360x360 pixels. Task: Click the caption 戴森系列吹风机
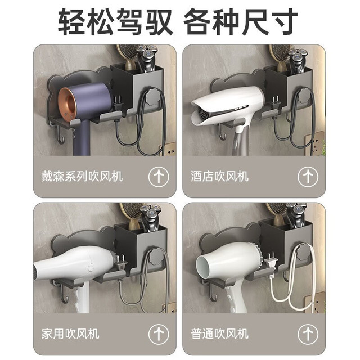click(82, 176)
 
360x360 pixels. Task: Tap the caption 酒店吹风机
click(219, 176)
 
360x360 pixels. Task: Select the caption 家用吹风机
click(70, 334)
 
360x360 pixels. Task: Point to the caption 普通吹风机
click(219, 334)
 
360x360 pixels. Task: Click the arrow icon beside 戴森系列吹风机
click(159, 177)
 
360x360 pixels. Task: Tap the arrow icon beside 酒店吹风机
click(308, 177)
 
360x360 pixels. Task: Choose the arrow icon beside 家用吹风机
click(159, 334)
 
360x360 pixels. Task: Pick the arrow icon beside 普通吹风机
click(308, 334)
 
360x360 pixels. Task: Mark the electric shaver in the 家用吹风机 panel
click(150, 218)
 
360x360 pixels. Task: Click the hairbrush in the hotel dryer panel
click(280, 57)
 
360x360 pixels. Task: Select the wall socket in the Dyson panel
click(169, 149)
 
